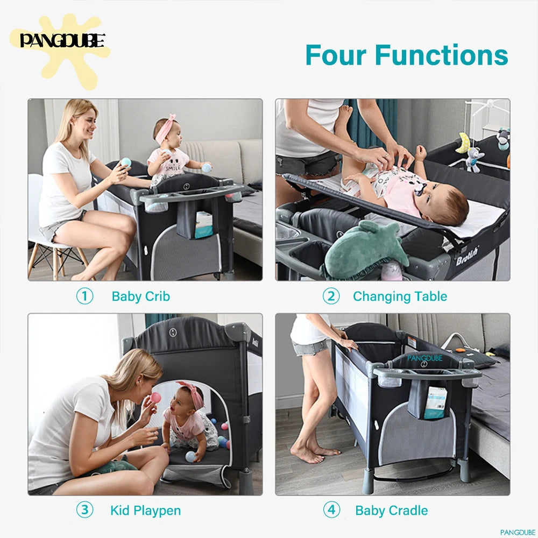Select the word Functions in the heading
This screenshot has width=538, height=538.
[x=441, y=55]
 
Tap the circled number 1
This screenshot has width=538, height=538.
[x=84, y=296]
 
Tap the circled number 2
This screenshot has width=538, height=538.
[x=331, y=296]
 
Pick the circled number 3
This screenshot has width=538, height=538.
[x=84, y=510]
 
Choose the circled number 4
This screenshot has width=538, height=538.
[x=331, y=510]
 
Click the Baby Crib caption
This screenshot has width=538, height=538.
[x=140, y=296]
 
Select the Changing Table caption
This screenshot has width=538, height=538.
[x=400, y=296]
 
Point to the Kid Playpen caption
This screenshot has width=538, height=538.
[x=145, y=511]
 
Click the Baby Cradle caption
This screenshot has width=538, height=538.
[x=392, y=511]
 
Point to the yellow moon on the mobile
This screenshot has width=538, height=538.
[x=463, y=143]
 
